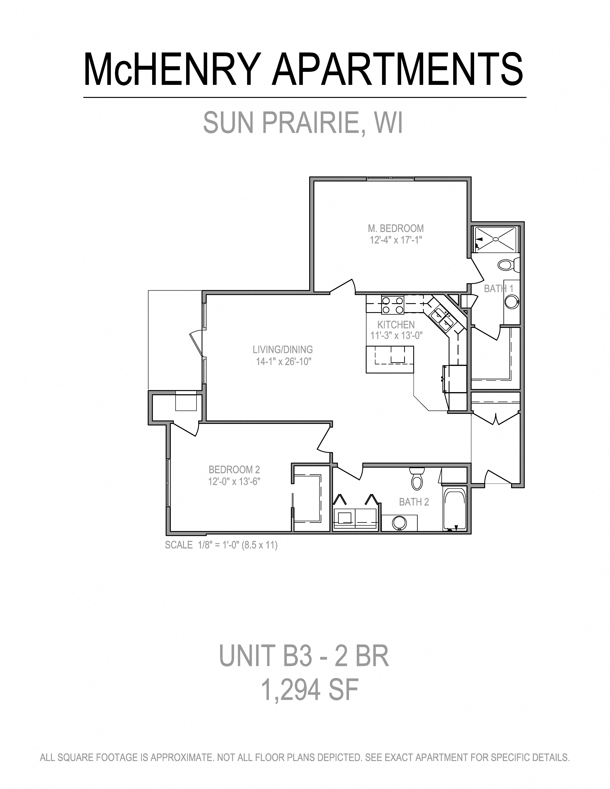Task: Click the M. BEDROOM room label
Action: click(396, 228)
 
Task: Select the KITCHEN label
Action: click(396, 324)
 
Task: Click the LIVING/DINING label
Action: click(283, 349)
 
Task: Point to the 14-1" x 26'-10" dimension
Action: click(284, 361)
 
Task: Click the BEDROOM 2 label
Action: click(234, 470)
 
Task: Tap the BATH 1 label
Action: click(498, 289)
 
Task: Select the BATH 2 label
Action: click(414, 502)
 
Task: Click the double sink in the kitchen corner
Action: click(443, 318)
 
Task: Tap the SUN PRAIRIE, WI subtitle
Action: click(303, 123)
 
